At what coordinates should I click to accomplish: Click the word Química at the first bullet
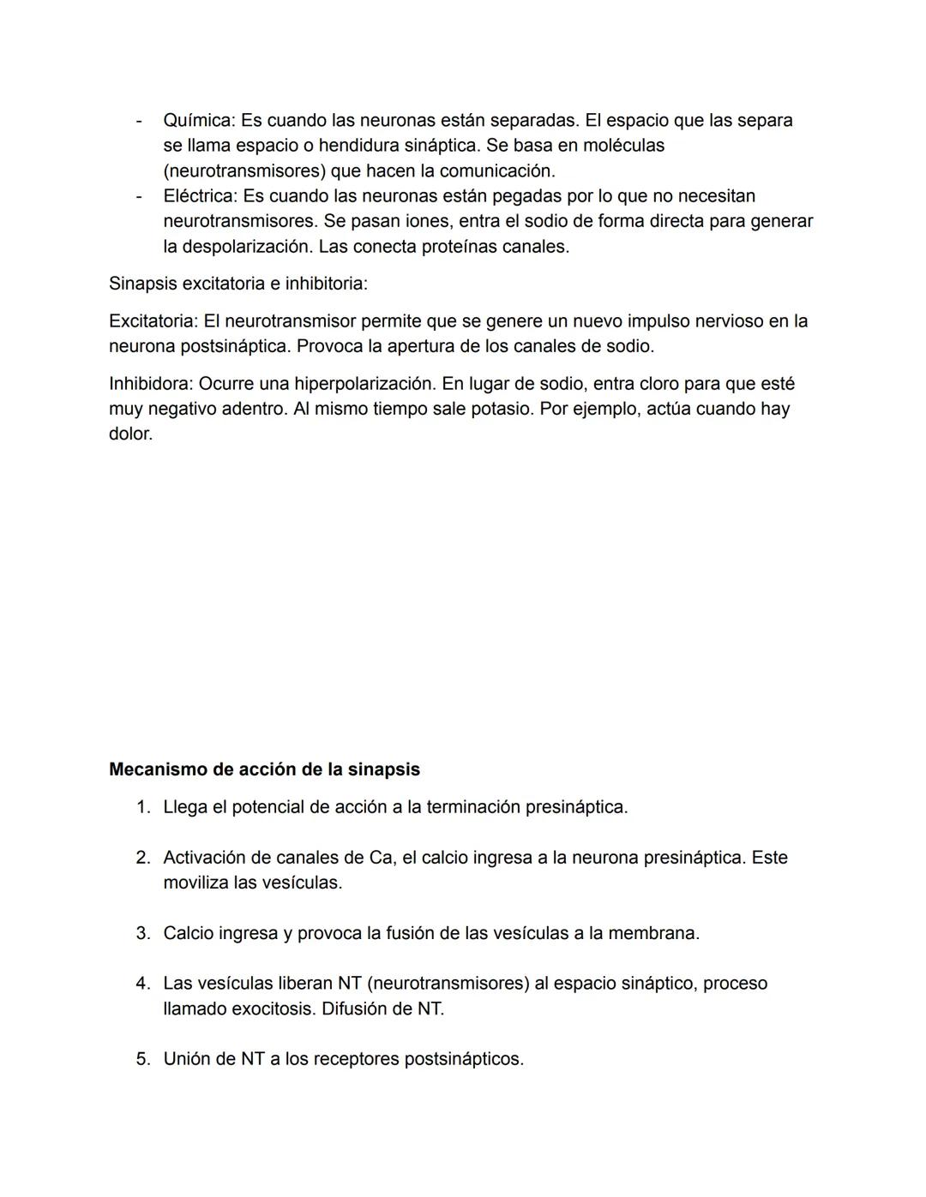tap(198, 121)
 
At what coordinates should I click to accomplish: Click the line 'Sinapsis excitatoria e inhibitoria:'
tap(238, 284)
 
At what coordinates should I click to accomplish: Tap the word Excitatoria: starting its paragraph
tap(153, 321)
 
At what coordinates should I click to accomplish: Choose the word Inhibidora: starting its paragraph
tap(150, 384)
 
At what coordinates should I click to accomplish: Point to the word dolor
tap(130, 434)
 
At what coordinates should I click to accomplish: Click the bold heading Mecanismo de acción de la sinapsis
tap(264, 769)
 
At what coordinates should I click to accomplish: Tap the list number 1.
tap(142, 807)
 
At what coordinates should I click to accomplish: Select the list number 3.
tap(142, 933)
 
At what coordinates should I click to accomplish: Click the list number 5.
tap(142, 1059)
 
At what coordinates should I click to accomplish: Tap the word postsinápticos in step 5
tap(463, 1059)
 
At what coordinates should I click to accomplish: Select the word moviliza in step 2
tap(195, 883)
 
